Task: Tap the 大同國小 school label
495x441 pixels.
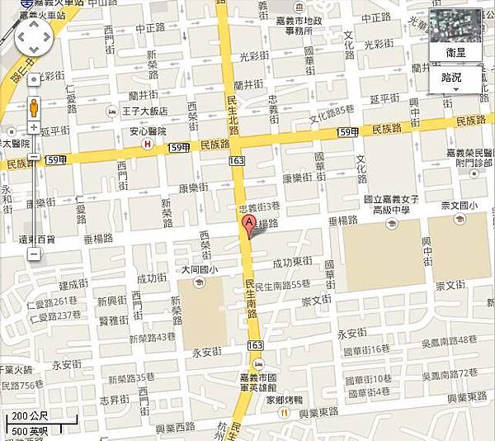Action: (x=199, y=270)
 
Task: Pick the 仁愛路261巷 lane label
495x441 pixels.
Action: (x=49, y=301)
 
